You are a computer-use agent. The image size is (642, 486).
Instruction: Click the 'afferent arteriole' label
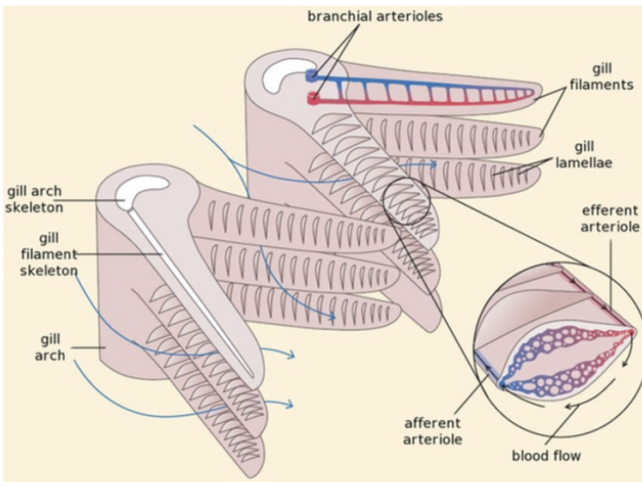(433, 430)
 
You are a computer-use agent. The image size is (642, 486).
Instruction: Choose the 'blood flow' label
(546, 455)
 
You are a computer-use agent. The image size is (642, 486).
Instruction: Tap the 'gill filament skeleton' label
(50, 253)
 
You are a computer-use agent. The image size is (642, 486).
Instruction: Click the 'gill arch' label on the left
(50, 348)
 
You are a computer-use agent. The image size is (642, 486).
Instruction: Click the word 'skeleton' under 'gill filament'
(51, 270)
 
